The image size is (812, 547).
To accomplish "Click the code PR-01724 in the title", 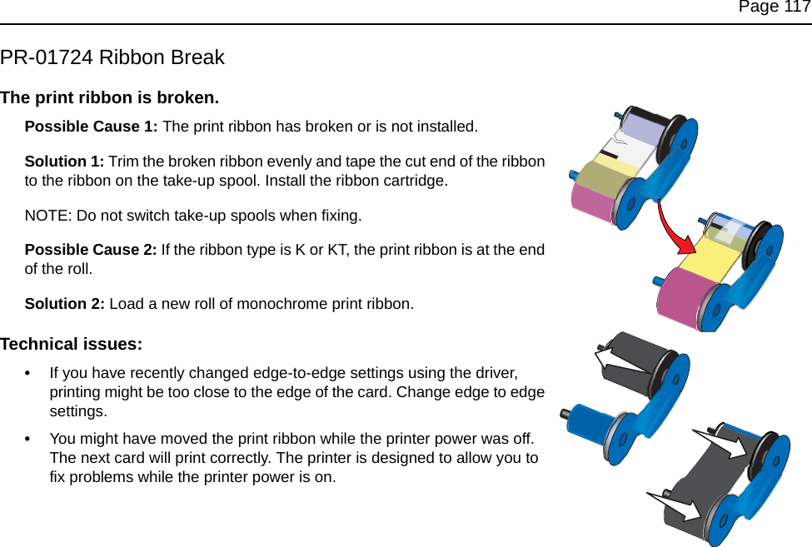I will point(46,58).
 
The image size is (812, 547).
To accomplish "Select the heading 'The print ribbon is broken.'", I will point(110,97).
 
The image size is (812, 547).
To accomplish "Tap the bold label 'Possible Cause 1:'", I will point(91,127).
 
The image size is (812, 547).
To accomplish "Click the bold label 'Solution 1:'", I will point(65,162).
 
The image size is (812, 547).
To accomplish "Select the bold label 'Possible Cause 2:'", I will point(91,251).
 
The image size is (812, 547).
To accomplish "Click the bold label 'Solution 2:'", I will point(65,304).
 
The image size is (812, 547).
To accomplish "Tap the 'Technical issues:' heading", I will point(71,344).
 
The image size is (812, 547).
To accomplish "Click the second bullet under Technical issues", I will point(31,439).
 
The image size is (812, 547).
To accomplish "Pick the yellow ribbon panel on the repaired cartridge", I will point(708,255).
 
